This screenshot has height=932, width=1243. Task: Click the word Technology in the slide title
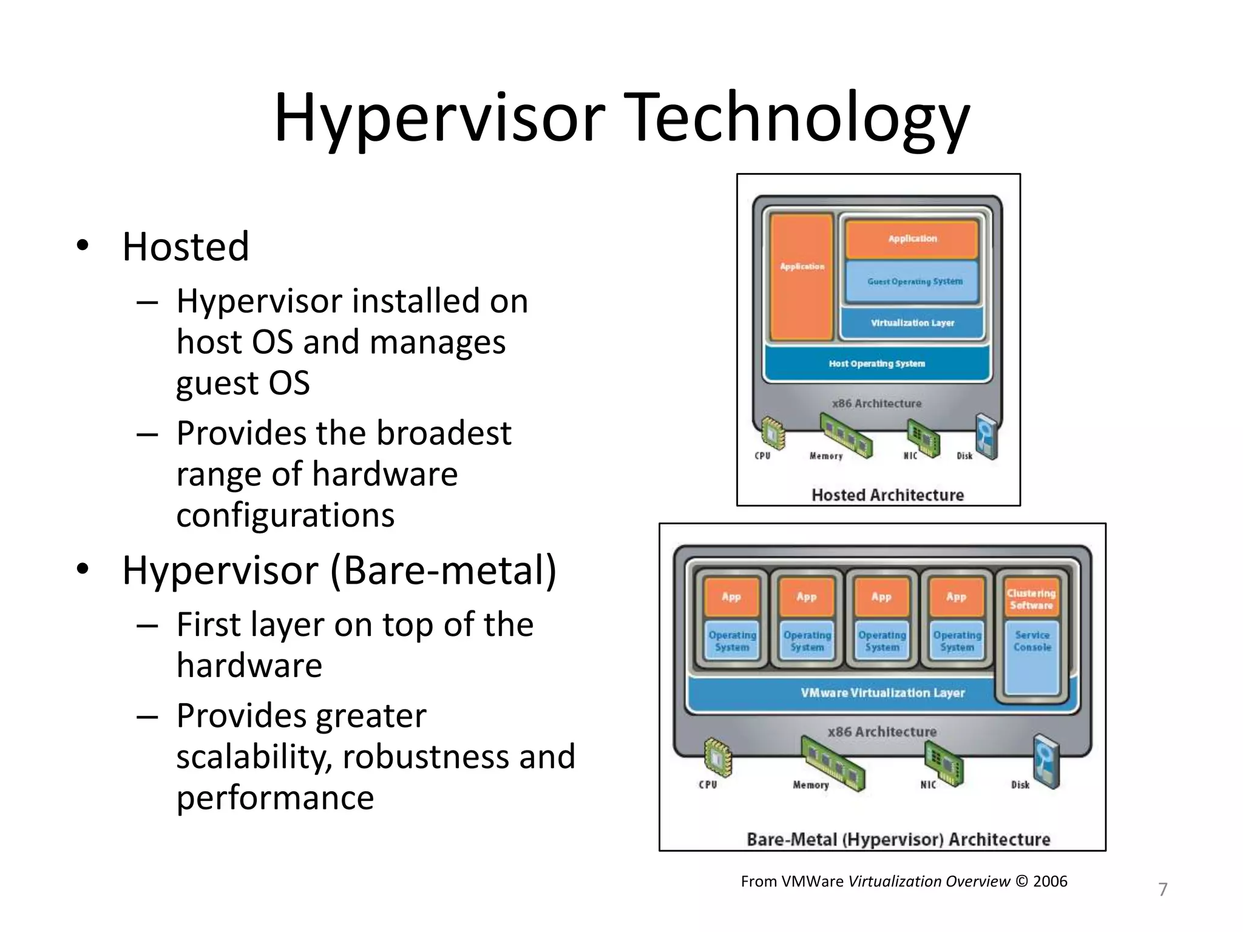[x=796, y=118]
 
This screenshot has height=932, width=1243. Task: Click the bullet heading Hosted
[x=185, y=247]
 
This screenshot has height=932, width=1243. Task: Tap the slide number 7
[x=1162, y=890]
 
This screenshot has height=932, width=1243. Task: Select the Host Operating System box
[x=877, y=363]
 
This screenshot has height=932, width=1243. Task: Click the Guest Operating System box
[x=912, y=282]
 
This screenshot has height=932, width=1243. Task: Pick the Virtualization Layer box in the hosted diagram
[x=912, y=323]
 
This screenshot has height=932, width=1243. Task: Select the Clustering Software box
[x=1031, y=599]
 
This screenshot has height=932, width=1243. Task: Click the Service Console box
[x=1032, y=655]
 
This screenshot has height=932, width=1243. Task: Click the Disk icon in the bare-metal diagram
[x=1046, y=761]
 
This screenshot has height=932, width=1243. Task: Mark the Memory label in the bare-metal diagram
[x=810, y=785]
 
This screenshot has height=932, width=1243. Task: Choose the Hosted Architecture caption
[x=887, y=495]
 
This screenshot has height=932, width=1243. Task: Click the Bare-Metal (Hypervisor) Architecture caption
[x=898, y=839]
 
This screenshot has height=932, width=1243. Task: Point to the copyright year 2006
[x=1050, y=881]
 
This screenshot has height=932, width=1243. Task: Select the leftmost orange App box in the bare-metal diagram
[x=731, y=596]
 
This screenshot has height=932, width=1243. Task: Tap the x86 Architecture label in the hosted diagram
[x=876, y=404]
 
